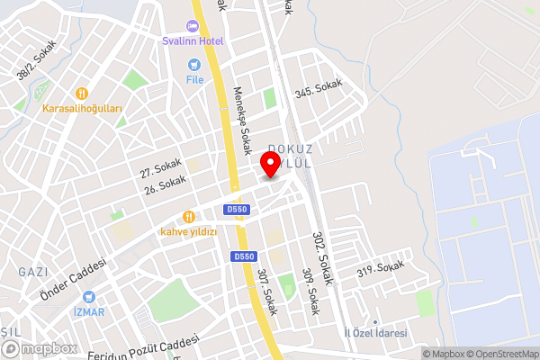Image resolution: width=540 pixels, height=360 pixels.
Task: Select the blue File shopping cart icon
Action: click(x=193, y=65)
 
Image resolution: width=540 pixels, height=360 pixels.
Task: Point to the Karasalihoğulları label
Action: click(x=82, y=109)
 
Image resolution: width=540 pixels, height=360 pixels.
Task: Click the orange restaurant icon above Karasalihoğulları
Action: click(x=82, y=93)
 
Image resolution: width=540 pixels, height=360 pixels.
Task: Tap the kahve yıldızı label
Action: click(x=189, y=231)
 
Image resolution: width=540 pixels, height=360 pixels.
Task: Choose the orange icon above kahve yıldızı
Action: click(x=189, y=216)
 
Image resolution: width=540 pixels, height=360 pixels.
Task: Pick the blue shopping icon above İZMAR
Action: click(x=89, y=296)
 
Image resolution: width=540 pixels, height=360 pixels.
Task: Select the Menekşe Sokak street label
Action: click(x=243, y=122)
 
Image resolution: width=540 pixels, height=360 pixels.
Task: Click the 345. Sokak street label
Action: click(x=319, y=88)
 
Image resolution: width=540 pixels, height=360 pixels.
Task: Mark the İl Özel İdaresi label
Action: click(x=376, y=333)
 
